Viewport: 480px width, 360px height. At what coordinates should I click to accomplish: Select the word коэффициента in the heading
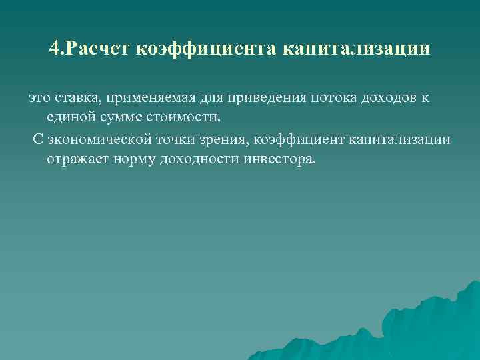pos(209,49)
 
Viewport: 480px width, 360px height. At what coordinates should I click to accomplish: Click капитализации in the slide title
pos(356,49)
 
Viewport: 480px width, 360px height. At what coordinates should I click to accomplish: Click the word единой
pos(69,118)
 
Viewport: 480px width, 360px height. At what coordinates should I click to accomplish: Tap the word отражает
pos(75,160)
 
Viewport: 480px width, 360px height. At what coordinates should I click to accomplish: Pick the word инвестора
pos(278,160)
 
